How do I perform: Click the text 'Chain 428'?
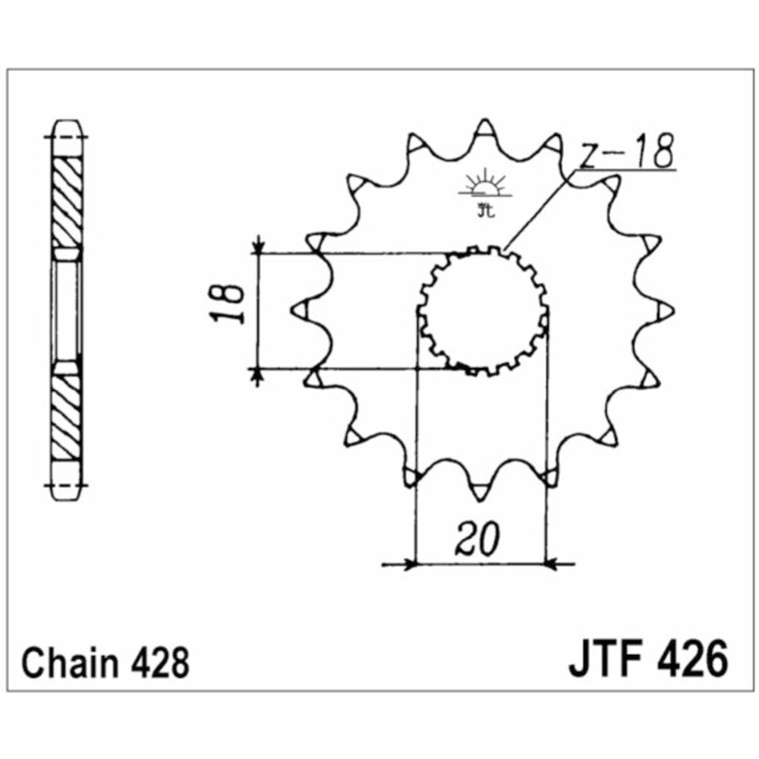[105, 663]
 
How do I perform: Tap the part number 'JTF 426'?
[648, 659]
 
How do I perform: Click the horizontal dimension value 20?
[477, 539]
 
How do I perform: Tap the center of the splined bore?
[483, 311]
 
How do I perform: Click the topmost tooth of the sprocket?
[485, 130]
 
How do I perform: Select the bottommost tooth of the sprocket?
[480, 490]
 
